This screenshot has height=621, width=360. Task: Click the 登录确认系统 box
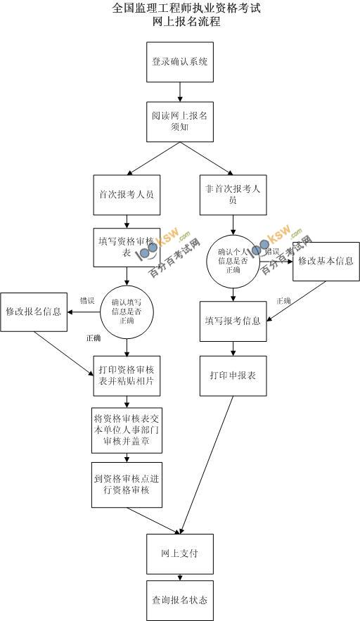pyautogui.click(x=180, y=62)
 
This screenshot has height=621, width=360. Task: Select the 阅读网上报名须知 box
pyautogui.click(x=180, y=121)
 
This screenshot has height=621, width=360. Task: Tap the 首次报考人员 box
pyautogui.click(x=127, y=195)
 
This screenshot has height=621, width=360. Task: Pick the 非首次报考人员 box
pyautogui.click(x=232, y=195)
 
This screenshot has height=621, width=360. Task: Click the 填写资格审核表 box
pyautogui.click(x=127, y=247)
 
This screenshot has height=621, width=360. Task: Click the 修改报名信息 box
pyautogui.click(x=33, y=311)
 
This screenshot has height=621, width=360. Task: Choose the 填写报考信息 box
pyautogui.click(x=233, y=321)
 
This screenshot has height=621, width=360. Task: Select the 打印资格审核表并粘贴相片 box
pyautogui.click(x=127, y=376)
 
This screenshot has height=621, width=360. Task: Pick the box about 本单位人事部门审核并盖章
pyautogui.click(x=127, y=429)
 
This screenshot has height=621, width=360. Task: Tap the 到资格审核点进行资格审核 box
pyautogui.click(x=127, y=484)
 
